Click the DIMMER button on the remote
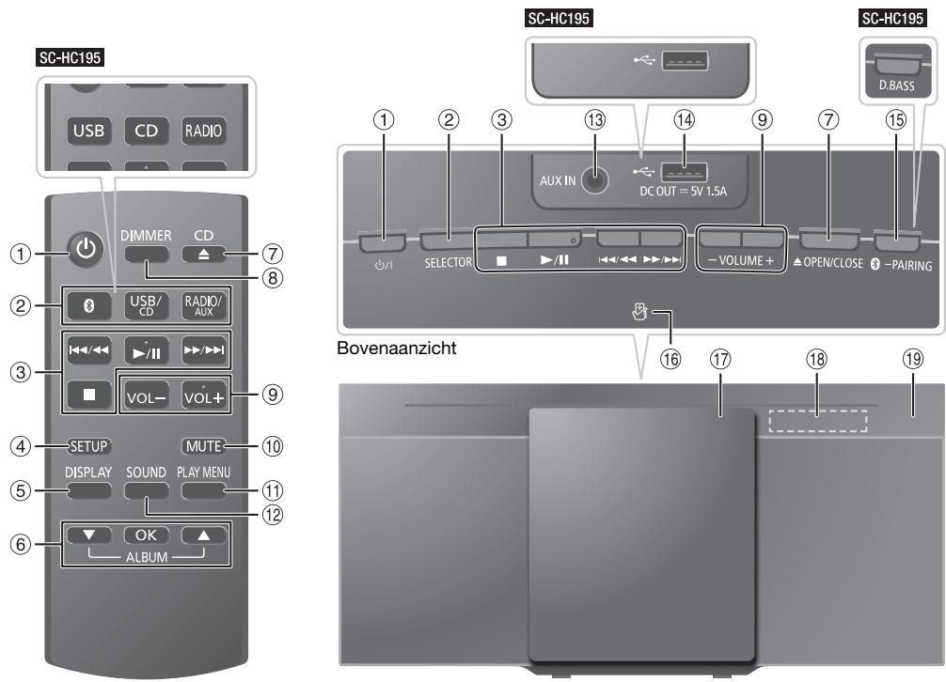[x=147, y=251]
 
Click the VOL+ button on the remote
[x=204, y=395]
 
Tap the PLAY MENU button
[x=204, y=488]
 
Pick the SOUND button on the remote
[x=146, y=488]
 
